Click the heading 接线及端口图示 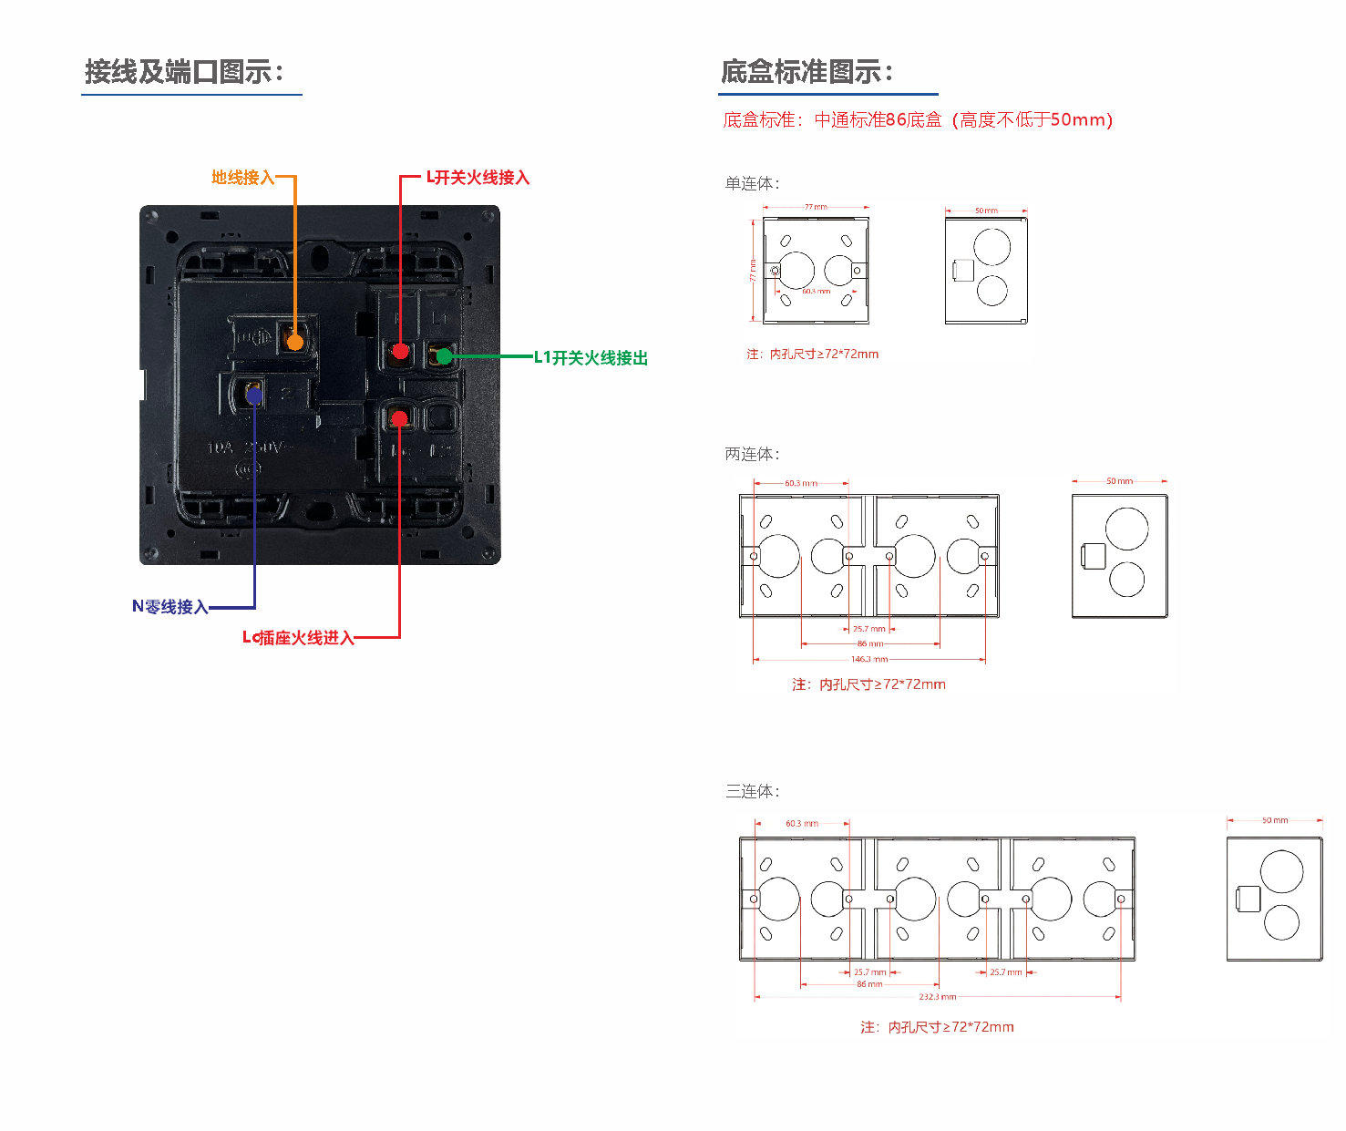[x=184, y=72]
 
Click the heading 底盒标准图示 [x=807, y=72]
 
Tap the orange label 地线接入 [x=242, y=178]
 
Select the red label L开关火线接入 [x=478, y=178]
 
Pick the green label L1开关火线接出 [x=591, y=358]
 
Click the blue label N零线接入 [x=170, y=607]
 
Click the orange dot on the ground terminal [x=294, y=343]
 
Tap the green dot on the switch [x=444, y=356]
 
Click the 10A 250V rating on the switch [x=245, y=447]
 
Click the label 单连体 [x=752, y=184]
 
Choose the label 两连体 [x=752, y=454]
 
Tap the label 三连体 [x=752, y=791]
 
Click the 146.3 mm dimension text [x=868, y=659]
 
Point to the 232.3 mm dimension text [x=937, y=997]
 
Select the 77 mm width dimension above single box [x=816, y=207]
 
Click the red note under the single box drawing [x=812, y=355]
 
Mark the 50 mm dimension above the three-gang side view [x=1274, y=820]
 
